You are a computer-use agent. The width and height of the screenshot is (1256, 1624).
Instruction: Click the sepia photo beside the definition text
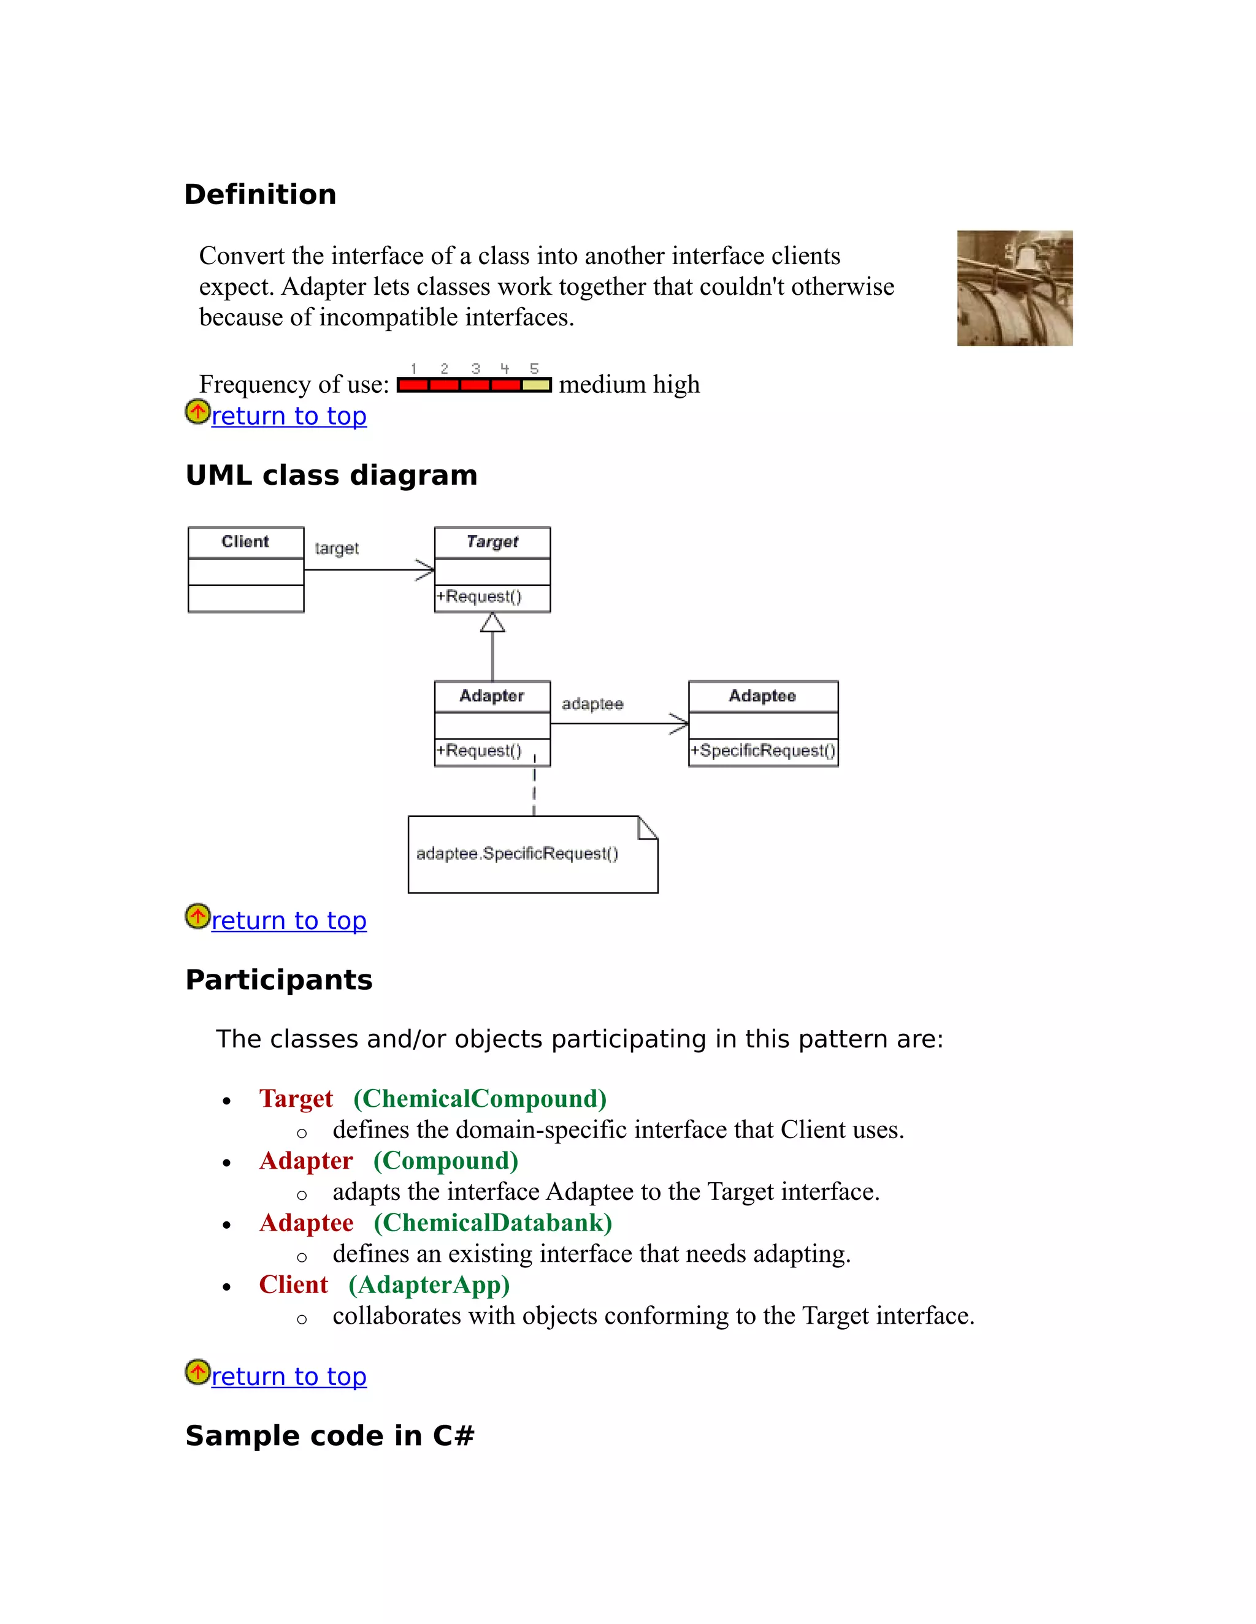(x=1014, y=289)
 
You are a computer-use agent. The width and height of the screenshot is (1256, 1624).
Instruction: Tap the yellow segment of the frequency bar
(x=536, y=385)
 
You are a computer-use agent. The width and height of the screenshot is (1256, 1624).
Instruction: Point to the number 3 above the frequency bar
(x=475, y=369)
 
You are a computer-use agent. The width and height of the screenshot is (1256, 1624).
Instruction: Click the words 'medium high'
(x=629, y=384)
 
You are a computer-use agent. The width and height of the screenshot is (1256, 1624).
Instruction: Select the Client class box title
(x=245, y=541)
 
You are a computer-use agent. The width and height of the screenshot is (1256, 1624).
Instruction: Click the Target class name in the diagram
(x=492, y=541)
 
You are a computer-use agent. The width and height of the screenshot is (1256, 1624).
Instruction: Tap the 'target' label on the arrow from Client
(x=336, y=548)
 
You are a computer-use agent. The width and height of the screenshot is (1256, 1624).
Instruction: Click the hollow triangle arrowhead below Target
(x=492, y=623)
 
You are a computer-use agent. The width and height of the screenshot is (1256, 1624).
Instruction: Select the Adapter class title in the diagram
(x=491, y=696)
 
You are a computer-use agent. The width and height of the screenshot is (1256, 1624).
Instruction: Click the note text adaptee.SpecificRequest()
(x=516, y=854)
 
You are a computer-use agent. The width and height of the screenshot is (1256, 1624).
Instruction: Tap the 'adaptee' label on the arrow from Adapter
(x=592, y=704)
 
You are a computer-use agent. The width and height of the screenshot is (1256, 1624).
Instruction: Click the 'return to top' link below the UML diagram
(x=289, y=920)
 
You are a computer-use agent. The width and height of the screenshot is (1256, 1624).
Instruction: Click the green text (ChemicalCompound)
(x=480, y=1098)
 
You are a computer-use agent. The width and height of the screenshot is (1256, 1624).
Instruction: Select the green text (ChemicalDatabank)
(x=492, y=1223)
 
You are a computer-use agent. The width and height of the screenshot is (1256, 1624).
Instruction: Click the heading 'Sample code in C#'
(x=329, y=1436)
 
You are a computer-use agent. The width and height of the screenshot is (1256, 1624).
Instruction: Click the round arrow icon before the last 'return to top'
(x=197, y=1372)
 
